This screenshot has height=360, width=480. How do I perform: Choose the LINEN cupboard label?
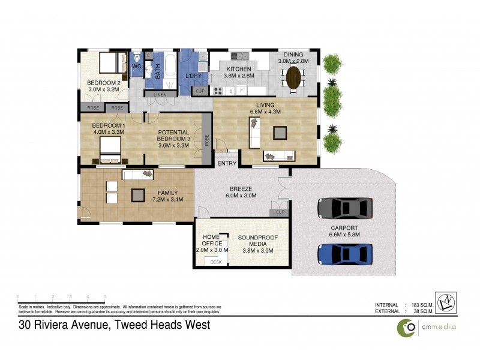[x=160, y=95]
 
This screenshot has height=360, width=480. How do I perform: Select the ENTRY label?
[x=227, y=163]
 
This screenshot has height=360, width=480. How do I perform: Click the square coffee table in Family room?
[x=139, y=195]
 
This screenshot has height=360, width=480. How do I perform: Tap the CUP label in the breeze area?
[x=280, y=212]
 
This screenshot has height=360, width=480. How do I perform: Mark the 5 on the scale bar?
[x=105, y=297]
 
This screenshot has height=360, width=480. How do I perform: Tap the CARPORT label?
[x=344, y=228]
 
